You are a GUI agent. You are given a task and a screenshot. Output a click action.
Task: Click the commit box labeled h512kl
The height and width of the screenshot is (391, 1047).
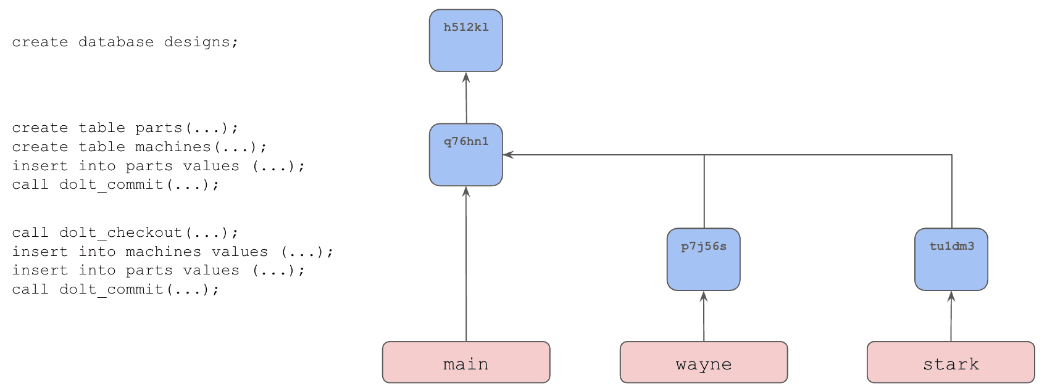tap(466, 41)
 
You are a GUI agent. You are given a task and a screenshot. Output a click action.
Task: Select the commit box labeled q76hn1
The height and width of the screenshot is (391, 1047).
tap(466, 155)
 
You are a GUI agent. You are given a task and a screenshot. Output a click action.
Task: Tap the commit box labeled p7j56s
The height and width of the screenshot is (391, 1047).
tap(704, 259)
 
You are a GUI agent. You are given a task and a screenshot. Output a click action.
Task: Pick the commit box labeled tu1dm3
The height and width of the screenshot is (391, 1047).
tap(951, 259)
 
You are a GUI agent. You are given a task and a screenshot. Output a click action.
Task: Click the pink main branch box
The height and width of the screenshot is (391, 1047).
tap(466, 362)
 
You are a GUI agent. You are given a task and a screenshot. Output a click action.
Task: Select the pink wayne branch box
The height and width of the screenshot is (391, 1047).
tap(704, 362)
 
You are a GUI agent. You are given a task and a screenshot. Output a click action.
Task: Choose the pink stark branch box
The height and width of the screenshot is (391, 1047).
tap(951, 362)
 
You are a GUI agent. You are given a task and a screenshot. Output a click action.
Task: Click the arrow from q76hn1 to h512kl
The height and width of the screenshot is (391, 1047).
tap(466, 97)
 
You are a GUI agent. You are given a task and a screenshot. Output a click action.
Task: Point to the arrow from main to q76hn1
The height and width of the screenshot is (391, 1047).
tap(466, 264)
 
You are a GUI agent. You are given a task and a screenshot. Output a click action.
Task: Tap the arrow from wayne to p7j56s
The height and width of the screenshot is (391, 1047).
tap(704, 316)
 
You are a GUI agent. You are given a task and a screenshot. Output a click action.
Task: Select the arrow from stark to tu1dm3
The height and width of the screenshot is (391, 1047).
tap(951, 316)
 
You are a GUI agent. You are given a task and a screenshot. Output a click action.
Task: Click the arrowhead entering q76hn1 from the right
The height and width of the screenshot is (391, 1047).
tap(508, 155)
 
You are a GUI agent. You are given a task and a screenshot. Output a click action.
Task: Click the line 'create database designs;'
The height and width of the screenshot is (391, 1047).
tap(125, 43)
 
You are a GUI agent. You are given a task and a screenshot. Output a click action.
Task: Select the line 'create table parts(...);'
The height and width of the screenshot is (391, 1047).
tap(125, 128)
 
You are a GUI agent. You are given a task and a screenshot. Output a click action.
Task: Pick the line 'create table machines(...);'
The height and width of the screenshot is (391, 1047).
tap(140, 147)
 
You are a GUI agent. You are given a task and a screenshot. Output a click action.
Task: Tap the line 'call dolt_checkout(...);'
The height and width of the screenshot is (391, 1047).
tap(125, 233)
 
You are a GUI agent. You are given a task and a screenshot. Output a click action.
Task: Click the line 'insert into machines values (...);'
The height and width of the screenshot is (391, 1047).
tap(172, 252)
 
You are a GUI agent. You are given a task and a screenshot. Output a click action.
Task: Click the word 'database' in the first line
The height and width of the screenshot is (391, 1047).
tap(116, 41)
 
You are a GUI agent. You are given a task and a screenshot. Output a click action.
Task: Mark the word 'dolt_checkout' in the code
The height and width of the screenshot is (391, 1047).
tap(120, 233)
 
